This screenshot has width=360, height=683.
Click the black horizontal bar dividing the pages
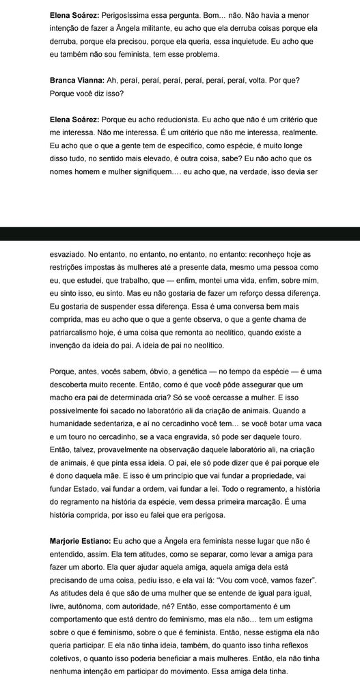[180, 234]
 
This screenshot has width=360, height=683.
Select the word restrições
[72, 267]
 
